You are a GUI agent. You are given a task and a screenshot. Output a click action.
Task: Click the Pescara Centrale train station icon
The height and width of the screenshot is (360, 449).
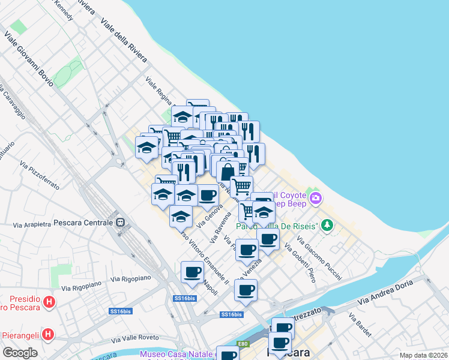[x=121, y=222]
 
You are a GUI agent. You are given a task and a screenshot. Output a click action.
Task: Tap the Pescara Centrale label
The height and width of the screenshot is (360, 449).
[x=82, y=222]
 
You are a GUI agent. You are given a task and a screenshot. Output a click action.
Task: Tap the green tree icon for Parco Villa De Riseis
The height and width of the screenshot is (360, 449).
[x=327, y=226]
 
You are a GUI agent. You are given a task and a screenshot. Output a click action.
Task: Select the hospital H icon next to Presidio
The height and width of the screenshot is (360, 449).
[x=50, y=302]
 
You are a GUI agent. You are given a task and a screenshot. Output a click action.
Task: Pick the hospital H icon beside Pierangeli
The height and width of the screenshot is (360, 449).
[x=50, y=334]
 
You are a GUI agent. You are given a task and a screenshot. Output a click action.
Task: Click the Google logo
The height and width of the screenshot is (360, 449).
[x=20, y=353]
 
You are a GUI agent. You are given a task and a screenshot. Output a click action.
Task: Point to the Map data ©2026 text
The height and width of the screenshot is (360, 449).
[x=424, y=355]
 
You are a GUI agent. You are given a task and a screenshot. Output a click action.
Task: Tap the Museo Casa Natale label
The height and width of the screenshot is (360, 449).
[x=176, y=354]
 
